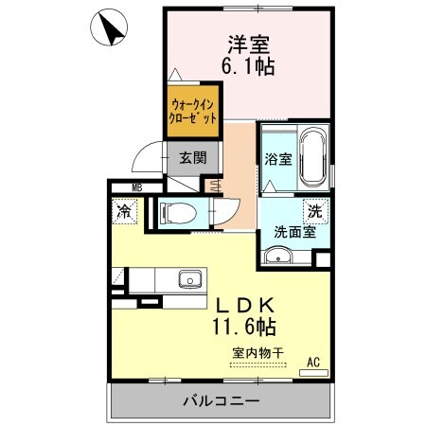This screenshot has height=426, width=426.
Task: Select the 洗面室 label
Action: click(293, 230)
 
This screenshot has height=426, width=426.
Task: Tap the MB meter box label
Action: click(137, 186)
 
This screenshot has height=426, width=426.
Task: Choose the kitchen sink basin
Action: click(189, 280)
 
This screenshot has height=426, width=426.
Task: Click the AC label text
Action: click(313, 361)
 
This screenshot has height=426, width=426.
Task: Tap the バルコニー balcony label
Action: click(220, 401)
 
